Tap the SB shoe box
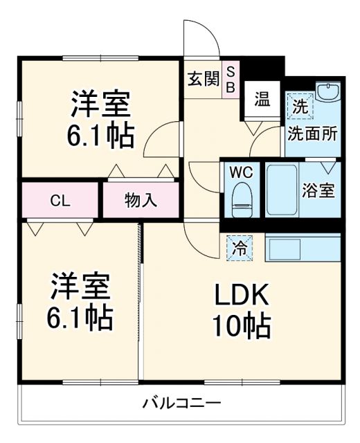coord(231,78)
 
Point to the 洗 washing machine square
coord(300,108)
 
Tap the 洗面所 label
coord(313,132)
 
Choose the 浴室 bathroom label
coord(319,190)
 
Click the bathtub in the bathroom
coord(281,190)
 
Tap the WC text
coord(242,170)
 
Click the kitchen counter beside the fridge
coord(302,248)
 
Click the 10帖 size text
coord(241,327)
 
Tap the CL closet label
coord(60,201)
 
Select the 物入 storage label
coord(141,201)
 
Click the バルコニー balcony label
coord(182,402)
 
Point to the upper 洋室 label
coord(101,105)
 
